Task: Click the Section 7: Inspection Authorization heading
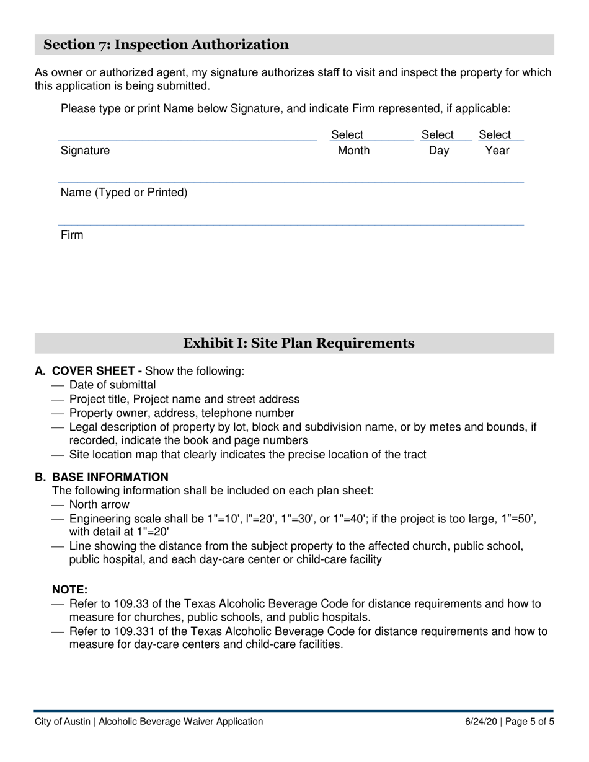pyautogui.click(x=166, y=45)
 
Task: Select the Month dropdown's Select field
pyautogui.click(x=347, y=134)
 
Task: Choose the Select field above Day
pyautogui.click(x=437, y=134)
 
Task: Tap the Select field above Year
pyautogui.click(x=494, y=134)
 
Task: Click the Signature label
pyautogui.click(x=85, y=151)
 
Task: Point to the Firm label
pyautogui.click(x=72, y=235)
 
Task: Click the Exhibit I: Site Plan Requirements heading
pyautogui.click(x=299, y=343)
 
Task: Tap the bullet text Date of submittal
pyautogui.click(x=112, y=385)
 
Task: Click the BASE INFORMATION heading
pyautogui.click(x=110, y=477)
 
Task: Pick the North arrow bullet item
pyautogui.click(x=99, y=504)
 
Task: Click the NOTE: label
pyautogui.click(x=69, y=590)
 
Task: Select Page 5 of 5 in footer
pyautogui.click(x=530, y=722)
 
